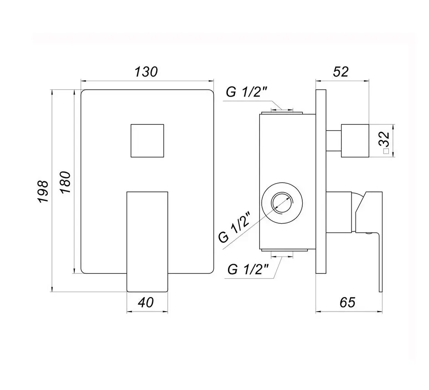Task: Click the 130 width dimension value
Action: [146, 72]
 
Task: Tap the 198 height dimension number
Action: [43, 191]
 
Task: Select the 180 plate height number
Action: [65, 182]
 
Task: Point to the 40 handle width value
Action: [146, 303]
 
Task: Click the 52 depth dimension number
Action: [341, 72]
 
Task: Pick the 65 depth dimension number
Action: [347, 302]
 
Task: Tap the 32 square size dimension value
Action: [385, 140]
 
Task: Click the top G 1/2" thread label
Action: [247, 92]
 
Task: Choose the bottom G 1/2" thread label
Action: [248, 269]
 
